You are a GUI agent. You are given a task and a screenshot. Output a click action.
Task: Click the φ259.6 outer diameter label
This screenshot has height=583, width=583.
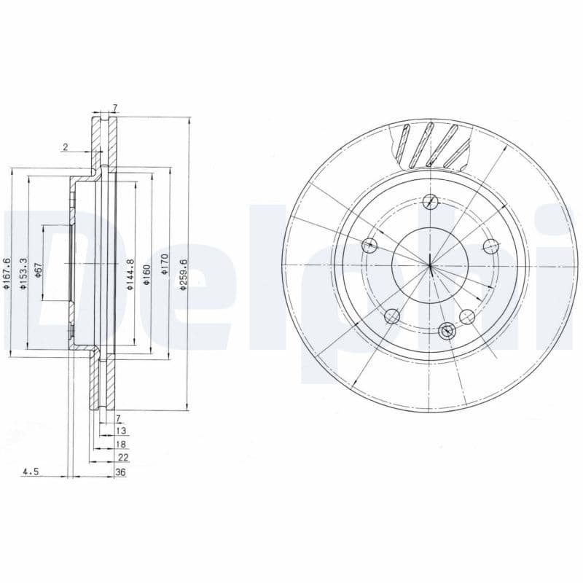click(x=184, y=275)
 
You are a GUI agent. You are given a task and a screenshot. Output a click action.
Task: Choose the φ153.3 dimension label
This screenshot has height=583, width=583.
click(x=23, y=273)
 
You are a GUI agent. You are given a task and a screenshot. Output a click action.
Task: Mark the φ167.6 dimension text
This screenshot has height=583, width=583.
click(x=6, y=273)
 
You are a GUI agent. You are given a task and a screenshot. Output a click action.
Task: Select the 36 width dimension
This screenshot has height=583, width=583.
click(x=120, y=472)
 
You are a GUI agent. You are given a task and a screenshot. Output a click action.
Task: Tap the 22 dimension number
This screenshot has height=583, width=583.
click(x=123, y=457)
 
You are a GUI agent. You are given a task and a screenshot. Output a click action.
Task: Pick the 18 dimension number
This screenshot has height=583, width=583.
click(x=121, y=444)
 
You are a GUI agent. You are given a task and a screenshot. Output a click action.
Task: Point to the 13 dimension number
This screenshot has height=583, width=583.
click(x=121, y=431)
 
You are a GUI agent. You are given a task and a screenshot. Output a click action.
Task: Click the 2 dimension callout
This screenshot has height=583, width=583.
click(x=65, y=147)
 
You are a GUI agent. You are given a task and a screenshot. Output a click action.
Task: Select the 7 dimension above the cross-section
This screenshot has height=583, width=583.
click(x=114, y=108)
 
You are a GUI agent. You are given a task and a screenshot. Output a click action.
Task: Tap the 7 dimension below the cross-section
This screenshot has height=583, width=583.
click(x=118, y=418)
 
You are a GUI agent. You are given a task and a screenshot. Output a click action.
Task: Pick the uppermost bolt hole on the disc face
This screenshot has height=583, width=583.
click(x=431, y=201)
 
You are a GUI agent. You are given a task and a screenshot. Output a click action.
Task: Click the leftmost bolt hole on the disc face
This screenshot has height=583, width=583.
click(x=370, y=244)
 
